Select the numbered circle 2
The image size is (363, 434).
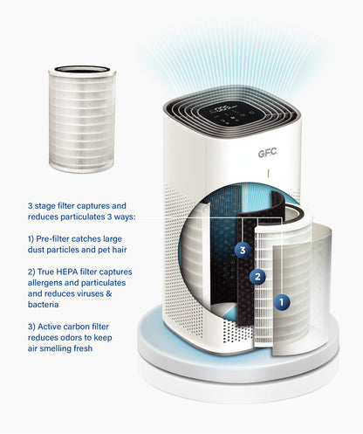(x=257, y=278)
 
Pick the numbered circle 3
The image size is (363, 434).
(x=243, y=250)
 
